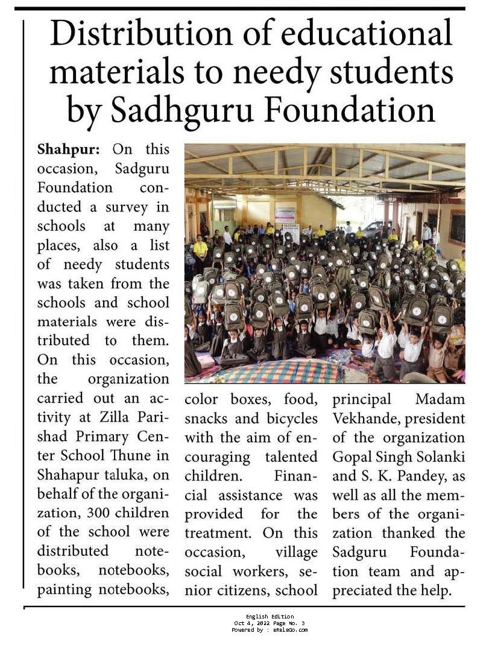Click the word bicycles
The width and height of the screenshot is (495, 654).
point(291,418)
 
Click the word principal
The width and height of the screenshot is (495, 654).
point(362,399)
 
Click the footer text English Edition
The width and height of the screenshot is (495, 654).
point(270,617)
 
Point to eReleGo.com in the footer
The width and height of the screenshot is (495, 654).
point(288,630)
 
